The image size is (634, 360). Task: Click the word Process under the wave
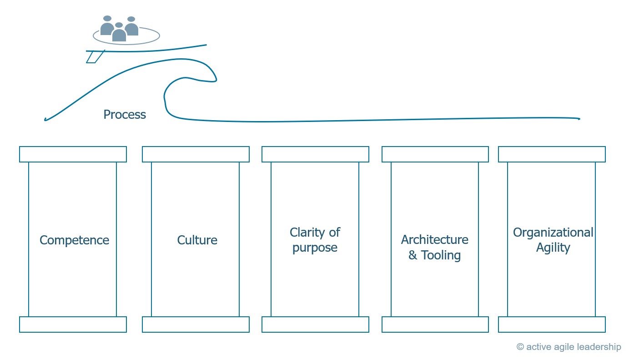point(125,115)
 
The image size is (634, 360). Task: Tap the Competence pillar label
point(74,240)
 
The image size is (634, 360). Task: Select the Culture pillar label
point(197,240)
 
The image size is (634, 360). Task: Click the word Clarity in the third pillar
point(307,233)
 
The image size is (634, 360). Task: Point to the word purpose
point(315,248)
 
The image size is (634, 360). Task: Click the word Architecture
point(434,240)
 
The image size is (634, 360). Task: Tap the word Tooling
point(441,255)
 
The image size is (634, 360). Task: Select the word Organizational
point(553,233)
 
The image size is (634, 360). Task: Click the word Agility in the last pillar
point(553,248)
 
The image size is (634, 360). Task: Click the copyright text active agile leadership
point(574,347)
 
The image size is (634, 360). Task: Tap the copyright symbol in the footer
point(520,347)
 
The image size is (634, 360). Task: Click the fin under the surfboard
point(95,56)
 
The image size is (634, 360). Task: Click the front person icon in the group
point(119,33)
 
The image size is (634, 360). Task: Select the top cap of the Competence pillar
point(73,154)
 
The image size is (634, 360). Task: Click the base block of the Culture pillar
point(196,325)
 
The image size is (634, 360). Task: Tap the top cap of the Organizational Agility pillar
point(552,154)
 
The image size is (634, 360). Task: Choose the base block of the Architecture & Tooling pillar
point(435,325)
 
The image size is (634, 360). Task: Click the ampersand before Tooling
point(413,255)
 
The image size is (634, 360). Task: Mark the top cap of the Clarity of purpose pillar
point(315,154)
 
